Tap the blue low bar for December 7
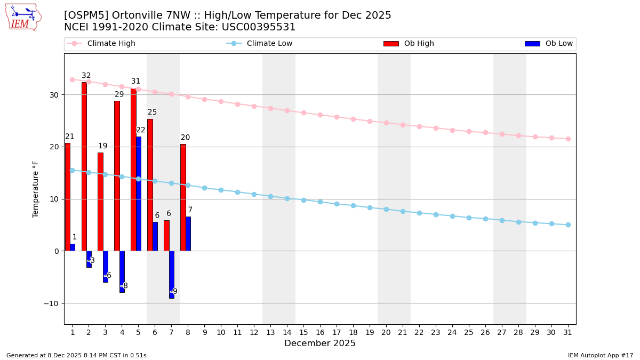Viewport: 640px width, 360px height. tap(172, 275)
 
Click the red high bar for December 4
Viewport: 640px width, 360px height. tap(117, 176)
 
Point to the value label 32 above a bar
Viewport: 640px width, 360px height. tap(86, 76)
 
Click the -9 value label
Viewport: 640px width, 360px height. tap(174, 292)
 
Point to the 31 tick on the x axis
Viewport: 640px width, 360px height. tap(568, 332)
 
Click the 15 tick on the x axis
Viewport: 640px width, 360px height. tap(303, 332)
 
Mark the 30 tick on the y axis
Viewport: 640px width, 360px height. tap(54, 95)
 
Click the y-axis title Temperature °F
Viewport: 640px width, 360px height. tap(36, 189)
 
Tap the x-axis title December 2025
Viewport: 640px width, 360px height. tap(320, 343)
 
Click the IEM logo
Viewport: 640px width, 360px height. tap(23, 17)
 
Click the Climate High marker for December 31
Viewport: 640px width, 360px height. tap(568, 139)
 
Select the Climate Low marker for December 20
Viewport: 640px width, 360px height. tap(386, 209)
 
